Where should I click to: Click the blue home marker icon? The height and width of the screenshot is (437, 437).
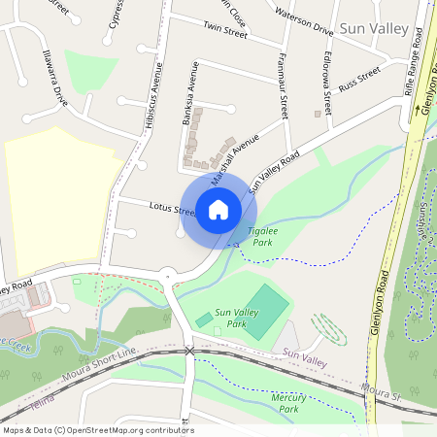pyautogui.click(x=218, y=209)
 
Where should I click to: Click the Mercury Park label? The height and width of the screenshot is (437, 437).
pyautogui.click(x=288, y=403)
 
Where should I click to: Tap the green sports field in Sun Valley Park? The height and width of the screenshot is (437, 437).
pyautogui.click(x=262, y=310)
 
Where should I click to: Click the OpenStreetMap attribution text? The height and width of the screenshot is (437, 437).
pyautogui.click(x=98, y=430)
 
